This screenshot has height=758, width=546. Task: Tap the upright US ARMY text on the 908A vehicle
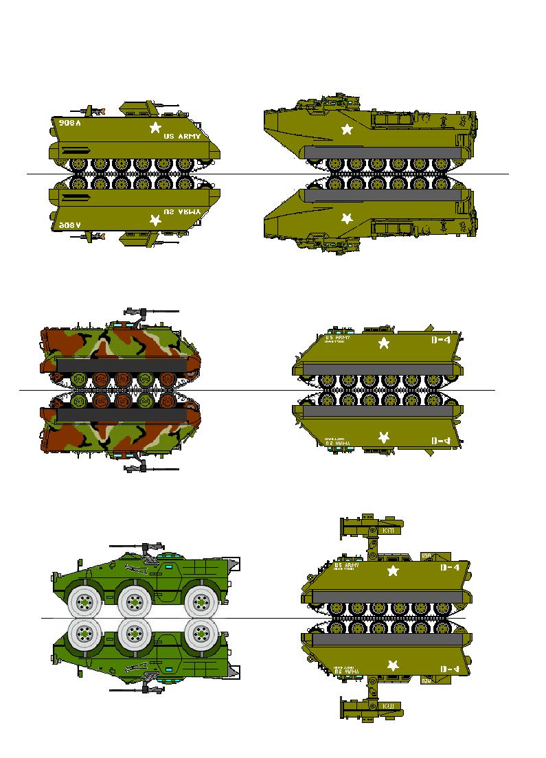(x=183, y=137)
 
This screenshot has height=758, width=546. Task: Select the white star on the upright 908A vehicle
(x=155, y=127)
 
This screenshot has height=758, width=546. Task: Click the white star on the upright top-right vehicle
(x=347, y=128)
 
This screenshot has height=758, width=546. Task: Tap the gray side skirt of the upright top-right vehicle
(x=382, y=152)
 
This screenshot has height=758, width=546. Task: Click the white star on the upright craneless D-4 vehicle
(x=384, y=342)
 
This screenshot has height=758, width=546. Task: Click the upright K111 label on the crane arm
(x=387, y=531)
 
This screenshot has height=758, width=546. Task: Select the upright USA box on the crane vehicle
(x=426, y=555)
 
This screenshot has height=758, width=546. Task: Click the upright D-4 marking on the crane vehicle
(x=450, y=568)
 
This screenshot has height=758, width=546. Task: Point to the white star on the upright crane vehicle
(x=394, y=571)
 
